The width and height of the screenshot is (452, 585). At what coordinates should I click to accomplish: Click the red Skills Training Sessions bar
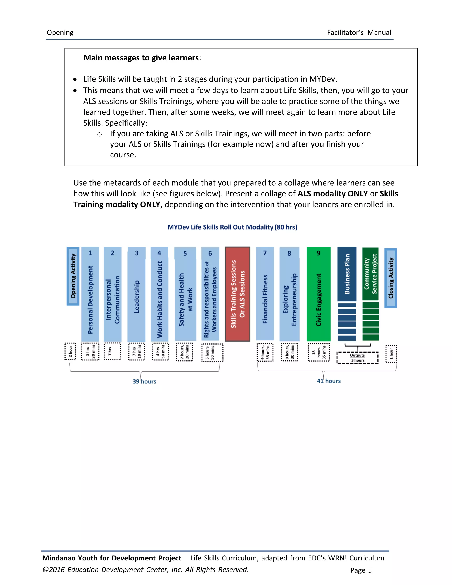pyautogui.click(x=237, y=294)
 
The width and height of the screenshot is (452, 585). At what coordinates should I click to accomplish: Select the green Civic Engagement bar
pyautogui.click(x=318, y=294)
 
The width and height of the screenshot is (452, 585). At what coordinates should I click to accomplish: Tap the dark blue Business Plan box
pyautogui.click(x=347, y=274)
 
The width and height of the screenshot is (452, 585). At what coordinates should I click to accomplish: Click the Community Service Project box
pyautogui.click(x=370, y=274)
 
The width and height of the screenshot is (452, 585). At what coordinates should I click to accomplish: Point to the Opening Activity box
pyautogui.click(x=73, y=276)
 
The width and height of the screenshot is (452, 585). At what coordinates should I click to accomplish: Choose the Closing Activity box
pyautogui.click(x=391, y=278)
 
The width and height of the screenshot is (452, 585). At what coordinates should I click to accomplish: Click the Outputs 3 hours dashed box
pyautogui.click(x=358, y=358)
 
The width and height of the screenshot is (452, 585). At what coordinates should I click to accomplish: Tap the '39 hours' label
pyautogui.click(x=144, y=381)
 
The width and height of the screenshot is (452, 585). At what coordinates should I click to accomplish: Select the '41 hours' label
pyautogui.click(x=329, y=381)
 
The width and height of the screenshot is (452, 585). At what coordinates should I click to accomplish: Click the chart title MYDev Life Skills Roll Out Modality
pyautogui.click(x=232, y=227)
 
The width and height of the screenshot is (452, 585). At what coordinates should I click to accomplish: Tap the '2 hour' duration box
pyautogui.click(x=70, y=351)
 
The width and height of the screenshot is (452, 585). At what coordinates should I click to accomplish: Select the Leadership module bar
pyautogui.click(x=137, y=295)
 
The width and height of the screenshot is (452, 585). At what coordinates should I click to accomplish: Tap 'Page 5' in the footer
pyautogui.click(x=361, y=570)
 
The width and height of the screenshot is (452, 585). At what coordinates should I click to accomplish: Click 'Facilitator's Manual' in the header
pyautogui.click(x=359, y=32)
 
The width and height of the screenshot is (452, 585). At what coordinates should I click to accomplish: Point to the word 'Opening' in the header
pyautogui.click(x=60, y=32)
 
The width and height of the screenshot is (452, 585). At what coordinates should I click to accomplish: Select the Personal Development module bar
pyautogui.click(x=90, y=295)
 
